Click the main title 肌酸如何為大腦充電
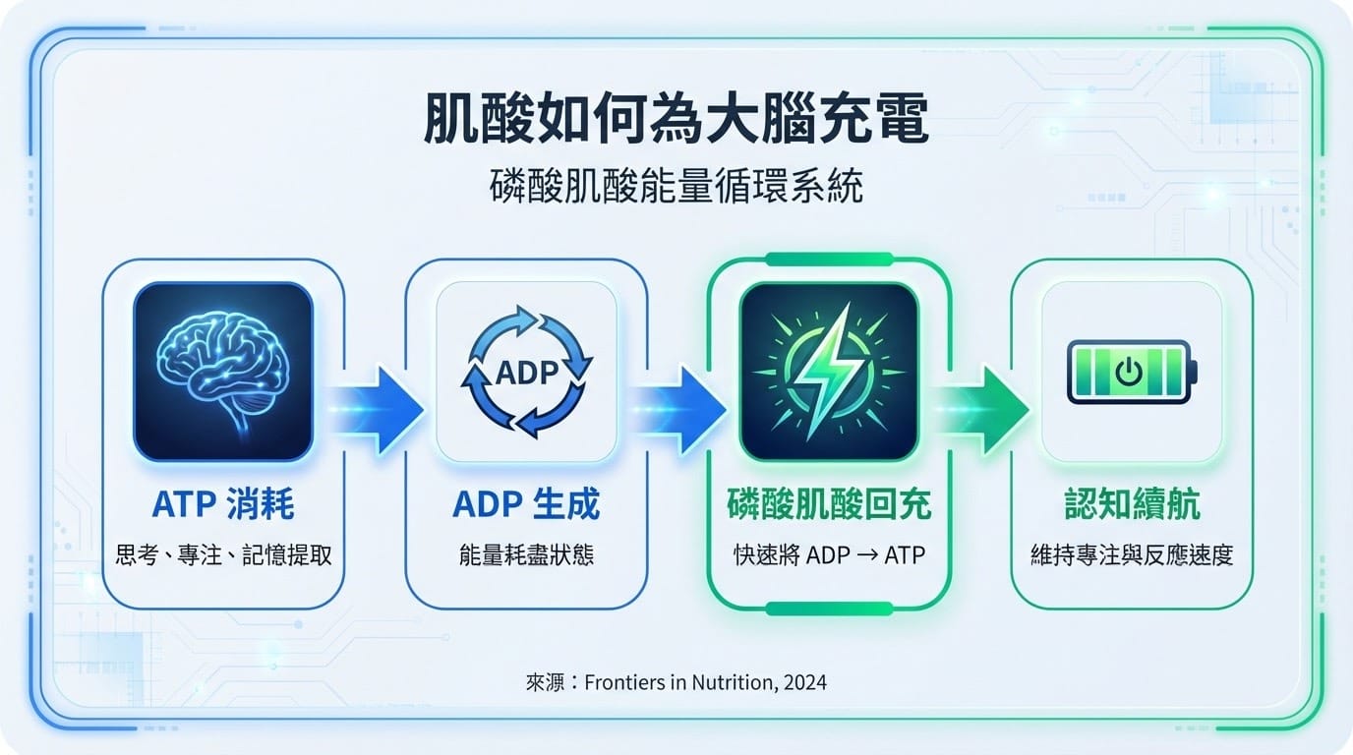click(676, 118)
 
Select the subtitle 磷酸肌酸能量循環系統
click(676, 186)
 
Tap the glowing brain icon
click(223, 372)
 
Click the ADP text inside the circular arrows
click(527, 373)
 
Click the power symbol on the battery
click(1128, 372)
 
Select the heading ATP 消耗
click(223, 503)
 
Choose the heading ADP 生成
click(526, 503)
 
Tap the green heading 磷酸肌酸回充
click(829, 503)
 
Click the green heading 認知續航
click(1132, 503)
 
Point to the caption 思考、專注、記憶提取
click(223, 554)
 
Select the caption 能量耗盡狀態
click(526, 554)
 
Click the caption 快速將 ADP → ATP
click(829, 554)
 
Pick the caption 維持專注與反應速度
click(1132, 554)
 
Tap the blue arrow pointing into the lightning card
click(678, 410)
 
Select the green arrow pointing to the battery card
click(982, 410)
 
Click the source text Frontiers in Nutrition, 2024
click(705, 682)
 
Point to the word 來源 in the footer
click(545, 682)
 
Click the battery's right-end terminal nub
click(1194, 372)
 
